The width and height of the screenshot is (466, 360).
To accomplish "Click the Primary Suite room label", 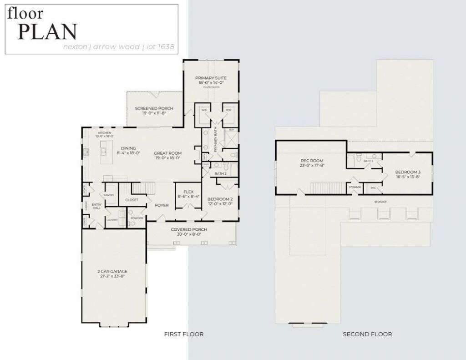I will (x=211, y=78).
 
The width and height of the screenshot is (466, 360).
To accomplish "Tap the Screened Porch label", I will (x=154, y=108).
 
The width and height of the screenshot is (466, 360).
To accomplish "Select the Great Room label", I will (x=167, y=153).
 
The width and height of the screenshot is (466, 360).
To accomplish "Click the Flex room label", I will (x=188, y=192).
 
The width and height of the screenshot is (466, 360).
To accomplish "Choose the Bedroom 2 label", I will (x=220, y=199).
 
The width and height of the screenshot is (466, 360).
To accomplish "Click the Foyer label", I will (x=162, y=205).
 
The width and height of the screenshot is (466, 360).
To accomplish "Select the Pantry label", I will (x=109, y=195).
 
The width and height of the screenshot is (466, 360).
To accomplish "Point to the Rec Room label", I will (x=312, y=161).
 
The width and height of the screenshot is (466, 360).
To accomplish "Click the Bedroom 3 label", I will (x=408, y=172).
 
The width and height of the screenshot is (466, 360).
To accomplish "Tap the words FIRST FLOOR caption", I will (x=183, y=334).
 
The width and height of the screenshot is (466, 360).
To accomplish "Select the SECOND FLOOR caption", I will (x=367, y=334).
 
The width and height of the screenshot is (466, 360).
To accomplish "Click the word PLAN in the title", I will (x=47, y=32).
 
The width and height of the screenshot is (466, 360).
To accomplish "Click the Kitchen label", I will (x=104, y=133).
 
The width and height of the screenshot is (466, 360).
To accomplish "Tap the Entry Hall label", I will (x=96, y=206).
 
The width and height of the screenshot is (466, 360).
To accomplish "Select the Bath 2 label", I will (x=220, y=173).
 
